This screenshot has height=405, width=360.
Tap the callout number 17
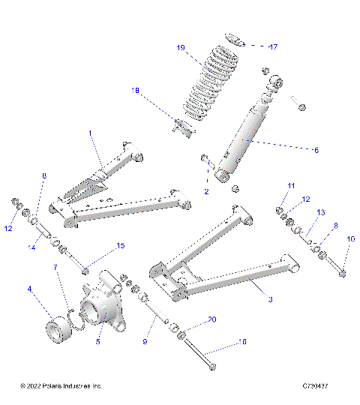point(273,46)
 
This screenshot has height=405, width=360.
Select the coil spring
point(200,86)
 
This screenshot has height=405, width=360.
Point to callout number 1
point(90,133)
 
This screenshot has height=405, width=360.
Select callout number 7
point(55,266)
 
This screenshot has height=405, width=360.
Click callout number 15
point(120,246)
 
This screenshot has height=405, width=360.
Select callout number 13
point(321,212)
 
